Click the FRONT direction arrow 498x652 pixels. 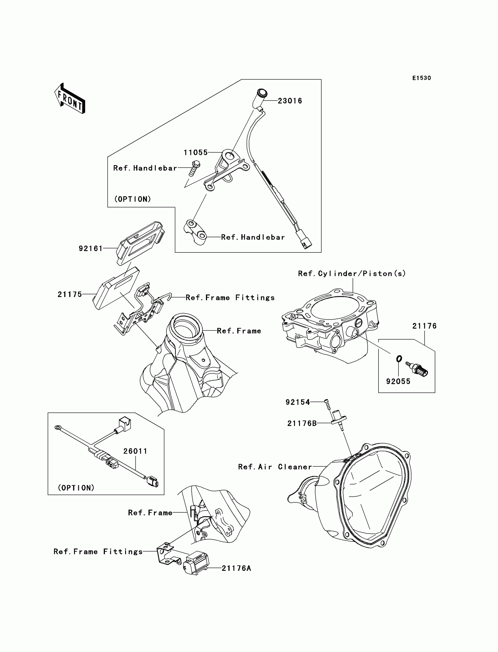click(x=70, y=99)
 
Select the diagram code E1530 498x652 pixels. click(x=422, y=78)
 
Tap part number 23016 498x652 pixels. click(x=290, y=101)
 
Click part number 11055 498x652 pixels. click(x=195, y=153)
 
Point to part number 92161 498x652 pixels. click(x=91, y=248)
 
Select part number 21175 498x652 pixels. click(x=70, y=294)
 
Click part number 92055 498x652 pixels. click(x=398, y=381)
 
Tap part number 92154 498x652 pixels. click(x=298, y=402)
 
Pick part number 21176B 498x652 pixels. click(x=302, y=424)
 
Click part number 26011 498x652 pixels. click(x=135, y=451)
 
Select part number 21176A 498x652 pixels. click(x=236, y=568)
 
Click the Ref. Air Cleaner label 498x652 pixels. click(x=275, y=467)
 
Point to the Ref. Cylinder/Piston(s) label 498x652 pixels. click(x=352, y=274)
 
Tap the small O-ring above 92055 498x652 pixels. click(x=399, y=359)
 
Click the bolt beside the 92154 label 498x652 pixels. click(x=327, y=404)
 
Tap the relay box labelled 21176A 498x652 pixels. click(x=197, y=563)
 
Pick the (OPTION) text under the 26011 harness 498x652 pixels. click(x=76, y=488)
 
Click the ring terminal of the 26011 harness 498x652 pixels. click(x=57, y=427)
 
